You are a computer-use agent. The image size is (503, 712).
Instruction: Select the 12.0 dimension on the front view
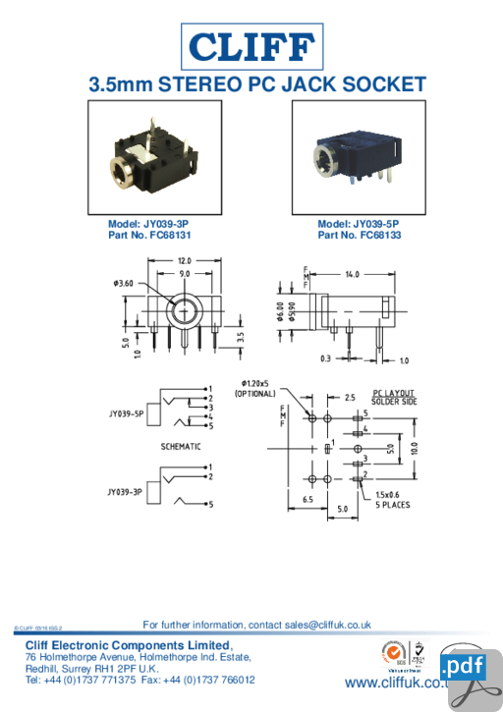tap(184, 260)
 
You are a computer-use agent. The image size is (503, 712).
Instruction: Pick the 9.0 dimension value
tap(184, 274)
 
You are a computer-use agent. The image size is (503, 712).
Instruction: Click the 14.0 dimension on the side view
tap(351, 274)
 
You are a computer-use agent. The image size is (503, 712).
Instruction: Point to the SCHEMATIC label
tap(181, 447)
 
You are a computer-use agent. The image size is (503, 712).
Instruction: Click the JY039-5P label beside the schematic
tap(126, 413)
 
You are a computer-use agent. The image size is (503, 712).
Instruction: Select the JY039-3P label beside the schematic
tap(126, 491)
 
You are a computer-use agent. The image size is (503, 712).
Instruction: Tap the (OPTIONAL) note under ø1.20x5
tap(254, 393)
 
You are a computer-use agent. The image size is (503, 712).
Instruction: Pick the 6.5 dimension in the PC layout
tap(307, 499)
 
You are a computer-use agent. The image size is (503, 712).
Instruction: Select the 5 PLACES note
tap(393, 505)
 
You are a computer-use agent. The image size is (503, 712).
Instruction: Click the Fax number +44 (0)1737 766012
tap(212, 680)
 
